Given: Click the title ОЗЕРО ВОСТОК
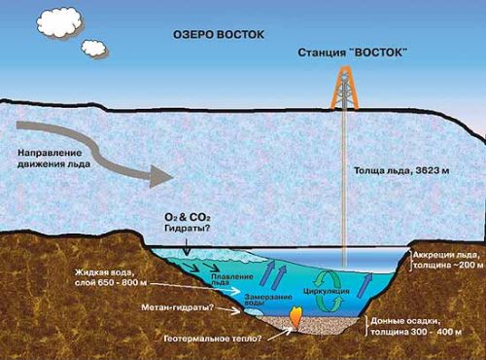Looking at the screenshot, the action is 219,35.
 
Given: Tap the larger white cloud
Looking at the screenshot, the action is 58,21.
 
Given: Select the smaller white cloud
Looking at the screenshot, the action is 94,49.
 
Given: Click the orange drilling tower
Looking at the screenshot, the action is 345,88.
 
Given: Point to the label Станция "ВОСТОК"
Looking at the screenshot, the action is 352,53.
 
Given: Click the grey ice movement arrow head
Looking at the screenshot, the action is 160,176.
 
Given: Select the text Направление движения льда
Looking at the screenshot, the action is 53,159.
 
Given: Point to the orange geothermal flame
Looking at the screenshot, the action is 295,317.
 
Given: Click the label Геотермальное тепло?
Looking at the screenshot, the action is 213,339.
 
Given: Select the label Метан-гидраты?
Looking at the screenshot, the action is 177,307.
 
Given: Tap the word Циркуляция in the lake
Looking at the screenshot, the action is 327,291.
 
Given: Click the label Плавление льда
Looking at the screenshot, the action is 231,279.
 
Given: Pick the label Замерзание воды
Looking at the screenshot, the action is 268,300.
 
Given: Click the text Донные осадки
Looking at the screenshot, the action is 404,321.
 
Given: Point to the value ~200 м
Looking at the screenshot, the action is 467,265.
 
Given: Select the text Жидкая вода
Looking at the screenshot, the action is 104,271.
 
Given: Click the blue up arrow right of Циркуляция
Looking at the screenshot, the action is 364,285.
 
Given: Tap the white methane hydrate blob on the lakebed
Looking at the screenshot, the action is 254,311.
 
